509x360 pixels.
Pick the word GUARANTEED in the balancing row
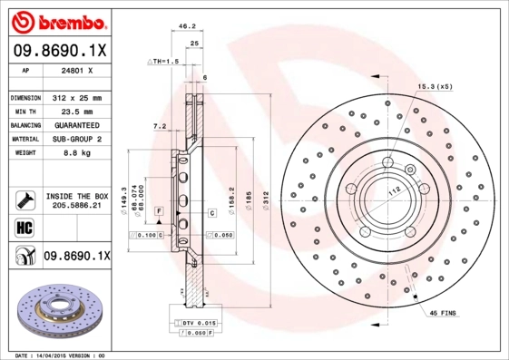[x=77, y=125]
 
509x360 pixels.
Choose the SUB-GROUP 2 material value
[x=77, y=139]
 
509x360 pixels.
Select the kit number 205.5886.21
[x=77, y=206]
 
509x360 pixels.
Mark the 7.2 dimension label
[x=160, y=126]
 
